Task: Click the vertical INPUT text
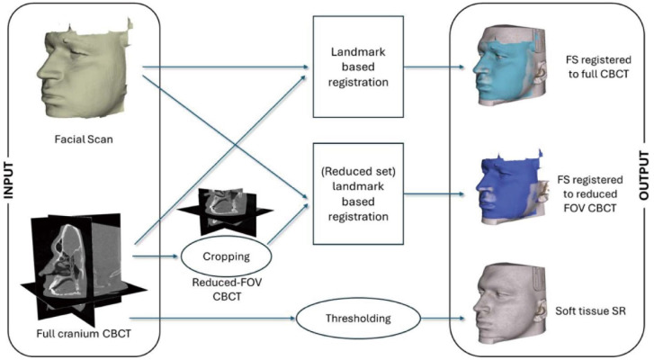coord(8,180)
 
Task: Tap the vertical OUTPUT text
coord(644,180)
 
